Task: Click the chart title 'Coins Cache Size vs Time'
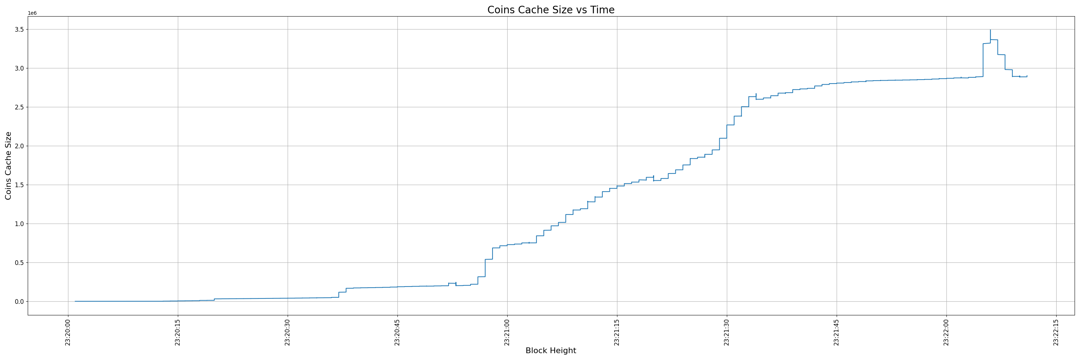click(x=550, y=10)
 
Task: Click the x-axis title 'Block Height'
click(x=550, y=351)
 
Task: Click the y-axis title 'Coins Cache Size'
click(x=8, y=166)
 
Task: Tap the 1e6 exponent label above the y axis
click(x=32, y=13)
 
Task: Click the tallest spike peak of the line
click(x=990, y=30)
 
